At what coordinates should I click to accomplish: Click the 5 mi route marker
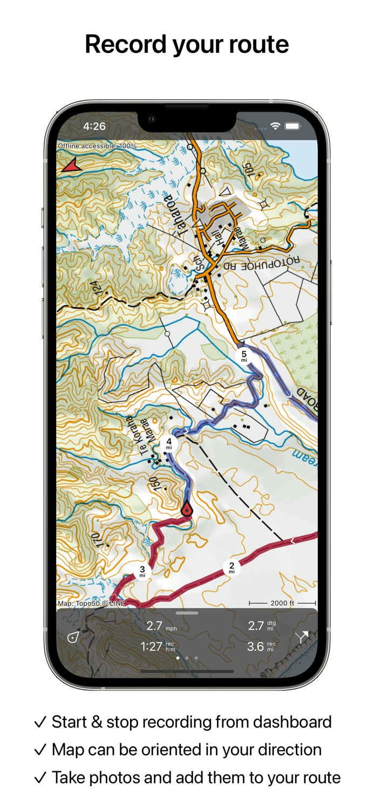[244, 356]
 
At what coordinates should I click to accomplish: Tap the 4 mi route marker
[169, 443]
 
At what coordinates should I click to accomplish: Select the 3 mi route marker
[142, 571]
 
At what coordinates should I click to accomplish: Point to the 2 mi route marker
[232, 568]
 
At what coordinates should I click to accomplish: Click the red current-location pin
[187, 509]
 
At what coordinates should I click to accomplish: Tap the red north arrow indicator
[71, 166]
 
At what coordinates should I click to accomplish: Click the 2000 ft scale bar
[282, 603]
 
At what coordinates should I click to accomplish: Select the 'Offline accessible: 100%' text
[97, 146]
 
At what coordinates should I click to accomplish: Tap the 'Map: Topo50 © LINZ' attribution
[91, 604]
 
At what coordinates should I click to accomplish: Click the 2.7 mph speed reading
[161, 626]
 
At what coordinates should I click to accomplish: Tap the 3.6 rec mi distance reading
[261, 647]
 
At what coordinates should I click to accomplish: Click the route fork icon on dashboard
[302, 637]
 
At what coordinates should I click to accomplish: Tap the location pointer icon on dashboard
[73, 637]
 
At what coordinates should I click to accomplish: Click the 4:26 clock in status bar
[94, 126]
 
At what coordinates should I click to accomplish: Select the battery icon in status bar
[293, 126]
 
